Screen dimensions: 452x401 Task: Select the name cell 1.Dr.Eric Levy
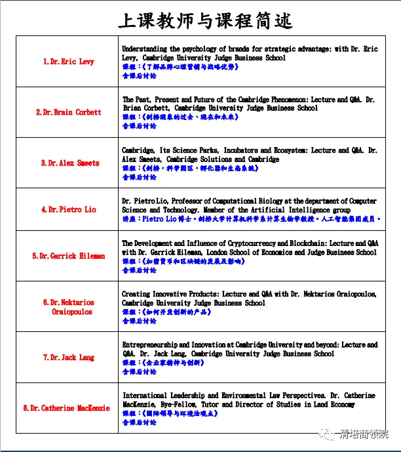[68, 62]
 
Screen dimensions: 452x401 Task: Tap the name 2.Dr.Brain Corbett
[68, 112]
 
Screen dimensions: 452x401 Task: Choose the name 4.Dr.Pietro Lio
[68, 209]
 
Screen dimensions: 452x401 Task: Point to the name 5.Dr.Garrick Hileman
[68, 256]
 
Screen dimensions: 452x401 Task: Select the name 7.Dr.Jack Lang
[68, 358]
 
